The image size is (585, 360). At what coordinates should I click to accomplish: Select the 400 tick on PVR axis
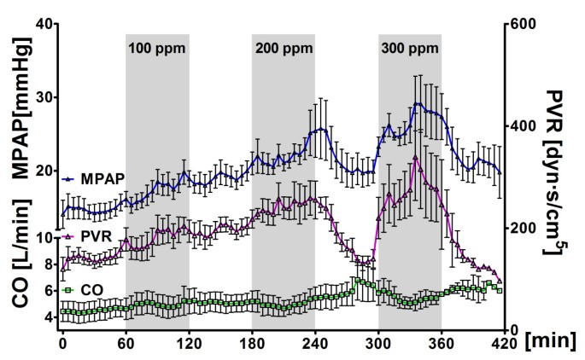point(522,126)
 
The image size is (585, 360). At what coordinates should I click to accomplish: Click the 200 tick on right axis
point(522,229)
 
